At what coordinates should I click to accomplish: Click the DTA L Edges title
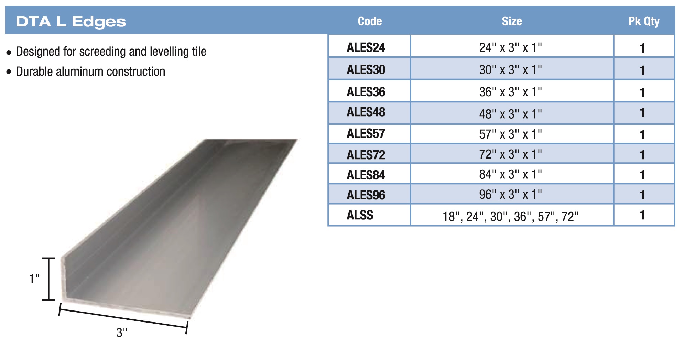tap(71, 22)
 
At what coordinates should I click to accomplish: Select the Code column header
tap(370, 21)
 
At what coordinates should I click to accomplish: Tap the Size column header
tap(512, 21)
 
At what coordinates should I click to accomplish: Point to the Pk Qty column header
tap(644, 22)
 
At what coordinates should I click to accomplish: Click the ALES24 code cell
tap(366, 47)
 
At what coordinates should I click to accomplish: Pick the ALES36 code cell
tap(366, 92)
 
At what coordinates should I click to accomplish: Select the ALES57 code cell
tap(366, 133)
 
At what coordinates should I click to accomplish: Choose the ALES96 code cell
tap(366, 195)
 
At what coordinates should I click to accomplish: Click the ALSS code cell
tap(360, 215)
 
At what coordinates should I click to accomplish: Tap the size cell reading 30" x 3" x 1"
tap(510, 70)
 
